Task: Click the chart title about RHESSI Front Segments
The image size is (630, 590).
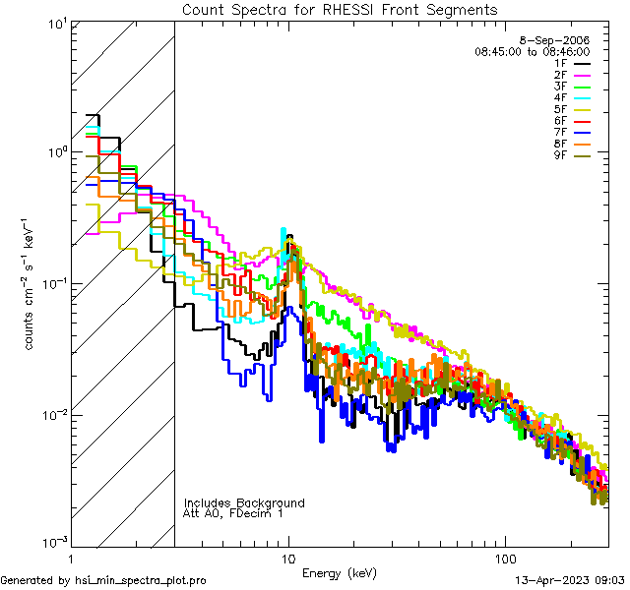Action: (x=340, y=10)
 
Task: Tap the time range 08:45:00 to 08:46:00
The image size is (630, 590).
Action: (x=532, y=51)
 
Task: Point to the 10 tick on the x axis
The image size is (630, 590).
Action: (x=287, y=558)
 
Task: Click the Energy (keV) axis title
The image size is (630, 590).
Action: (x=339, y=572)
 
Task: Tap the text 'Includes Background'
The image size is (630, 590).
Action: (x=244, y=502)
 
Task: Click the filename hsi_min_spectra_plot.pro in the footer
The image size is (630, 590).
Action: (x=141, y=581)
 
